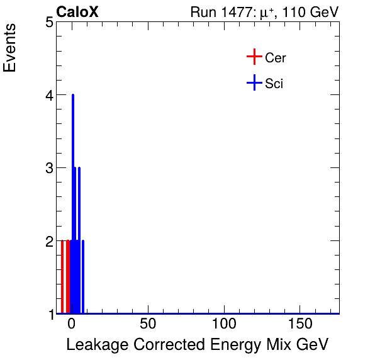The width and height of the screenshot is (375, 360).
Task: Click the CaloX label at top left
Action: coord(77,12)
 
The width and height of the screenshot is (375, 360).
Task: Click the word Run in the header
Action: coord(203,13)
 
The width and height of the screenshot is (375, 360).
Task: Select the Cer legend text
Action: coord(276,58)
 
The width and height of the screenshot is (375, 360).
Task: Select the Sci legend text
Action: coord(274,83)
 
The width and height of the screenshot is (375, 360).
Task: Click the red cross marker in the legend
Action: coord(254,57)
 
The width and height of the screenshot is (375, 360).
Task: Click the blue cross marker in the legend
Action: coord(254,82)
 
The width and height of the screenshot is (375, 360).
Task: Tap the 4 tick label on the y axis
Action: coord(48,96)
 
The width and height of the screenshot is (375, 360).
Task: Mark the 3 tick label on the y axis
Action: coord(48,168)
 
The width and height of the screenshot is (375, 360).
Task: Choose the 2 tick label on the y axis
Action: coord(48,241)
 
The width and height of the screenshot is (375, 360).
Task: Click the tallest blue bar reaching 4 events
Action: coord(73,189)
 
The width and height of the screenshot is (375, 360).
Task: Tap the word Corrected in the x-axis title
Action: coord(162,346)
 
